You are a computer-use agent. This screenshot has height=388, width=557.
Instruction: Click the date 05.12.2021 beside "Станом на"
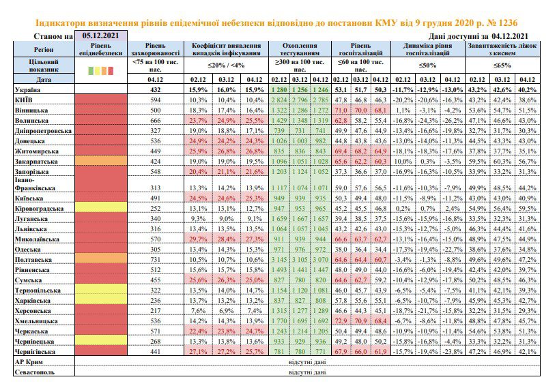tap(100, 35)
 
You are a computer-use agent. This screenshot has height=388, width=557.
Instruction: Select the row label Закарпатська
tap(36, 162)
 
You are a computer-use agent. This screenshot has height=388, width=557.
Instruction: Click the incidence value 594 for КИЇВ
tap(155, 100)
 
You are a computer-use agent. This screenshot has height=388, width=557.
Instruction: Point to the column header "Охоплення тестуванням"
tap(300, 49)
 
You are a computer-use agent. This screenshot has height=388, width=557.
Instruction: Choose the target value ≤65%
tap(502, 65)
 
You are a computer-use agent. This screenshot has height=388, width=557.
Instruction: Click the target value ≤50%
tap(427, 65)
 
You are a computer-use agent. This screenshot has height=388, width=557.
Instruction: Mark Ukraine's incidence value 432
tap(155, 90)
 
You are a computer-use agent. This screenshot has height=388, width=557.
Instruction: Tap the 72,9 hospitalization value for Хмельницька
tap(341, 321)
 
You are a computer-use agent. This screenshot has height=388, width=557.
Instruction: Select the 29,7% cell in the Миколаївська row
tap(198, 239)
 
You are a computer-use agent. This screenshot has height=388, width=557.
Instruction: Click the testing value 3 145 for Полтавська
tap(279, 260)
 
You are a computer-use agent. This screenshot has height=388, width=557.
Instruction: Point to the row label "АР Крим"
tap(29, 362)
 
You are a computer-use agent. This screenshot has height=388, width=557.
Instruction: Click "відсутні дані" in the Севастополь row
tap(307, 372)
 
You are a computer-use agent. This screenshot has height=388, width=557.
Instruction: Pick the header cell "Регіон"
tap(44, 49)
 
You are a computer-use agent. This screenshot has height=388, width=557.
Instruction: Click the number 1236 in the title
tap(508, 23)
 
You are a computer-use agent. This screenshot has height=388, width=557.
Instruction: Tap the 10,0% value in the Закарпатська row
tap(403, 162)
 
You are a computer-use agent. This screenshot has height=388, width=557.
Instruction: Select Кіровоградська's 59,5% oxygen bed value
tap(527, 209)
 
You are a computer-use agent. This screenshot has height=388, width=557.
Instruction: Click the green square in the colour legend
tap(91, 71)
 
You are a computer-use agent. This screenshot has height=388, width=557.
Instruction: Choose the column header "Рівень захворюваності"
tap(155, 49)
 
